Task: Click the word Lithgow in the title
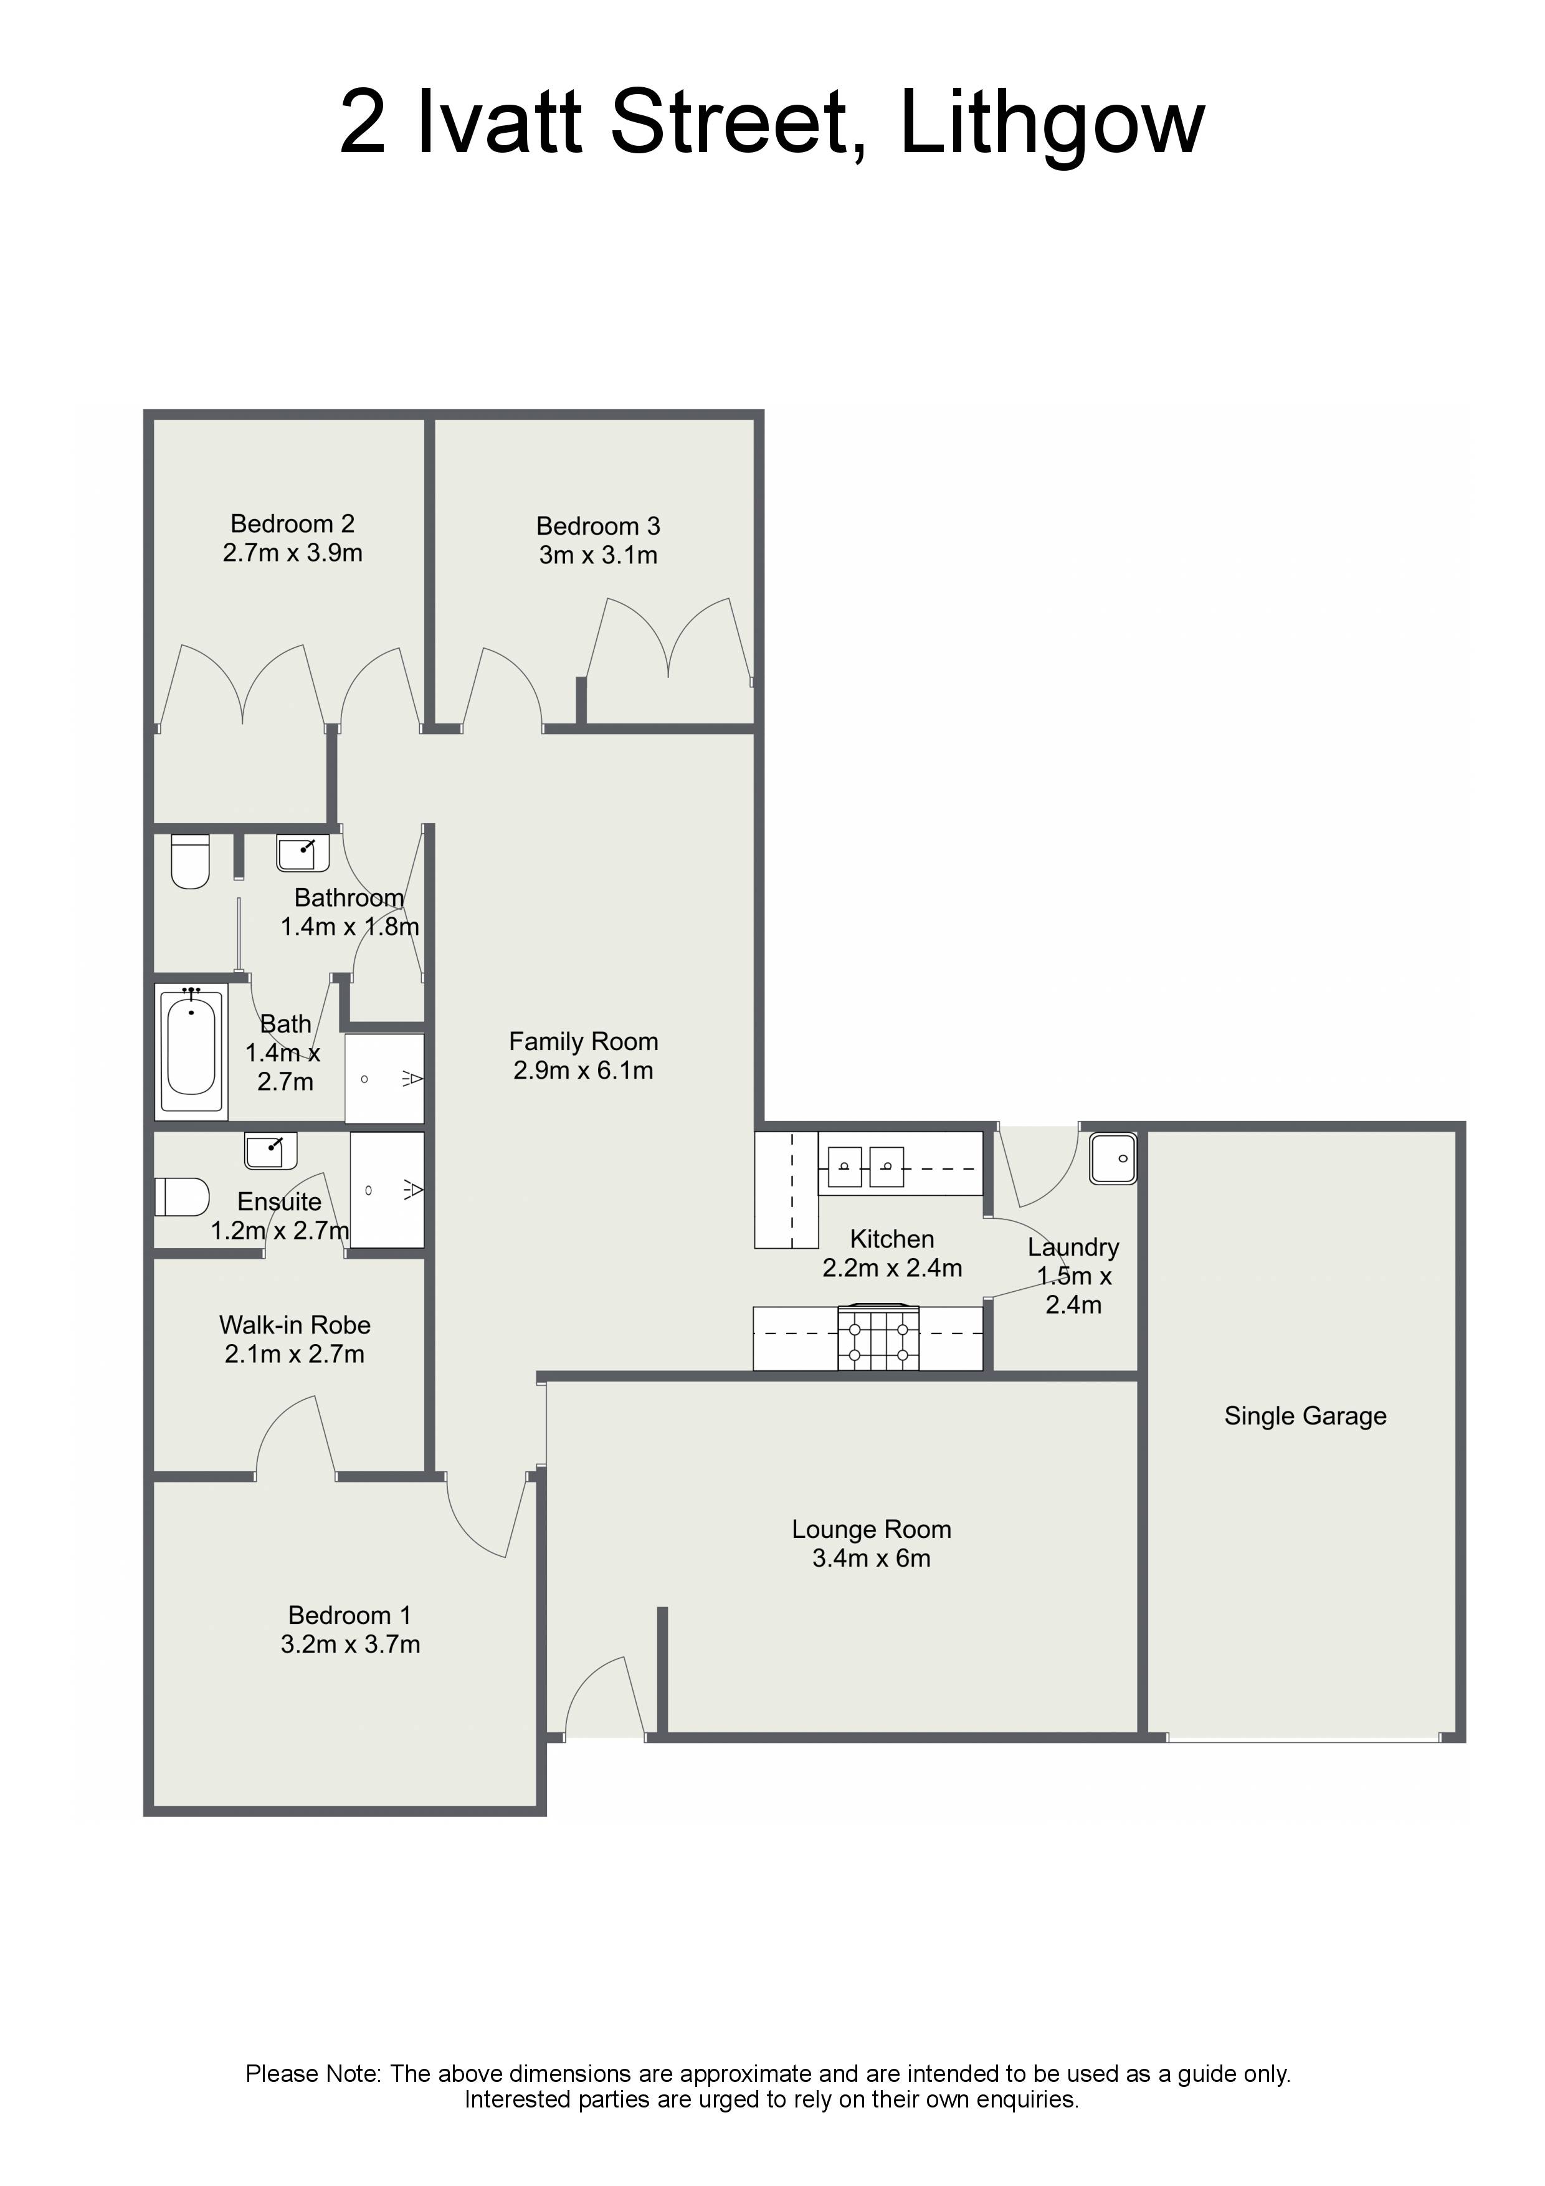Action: (x=1052, y=124)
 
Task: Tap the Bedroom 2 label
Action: (x=292, y=523)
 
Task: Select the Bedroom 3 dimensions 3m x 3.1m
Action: (x=598, y=555)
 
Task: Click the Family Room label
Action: (x=584, y=1041)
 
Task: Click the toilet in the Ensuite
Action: (x=182, y=1197)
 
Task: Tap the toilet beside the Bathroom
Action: (x=191, y=862)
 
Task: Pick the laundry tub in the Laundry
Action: (x=1113, y=1158)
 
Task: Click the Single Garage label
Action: (x=1305, y=1416)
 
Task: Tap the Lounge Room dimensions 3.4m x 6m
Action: (x=871, y=1558)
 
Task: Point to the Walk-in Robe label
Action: (x=295, y=1325)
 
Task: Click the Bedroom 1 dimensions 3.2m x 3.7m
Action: (x=350, y=1644)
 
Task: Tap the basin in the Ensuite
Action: (x=270, y=1150)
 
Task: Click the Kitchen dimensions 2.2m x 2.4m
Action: (x=892, y=1268)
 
